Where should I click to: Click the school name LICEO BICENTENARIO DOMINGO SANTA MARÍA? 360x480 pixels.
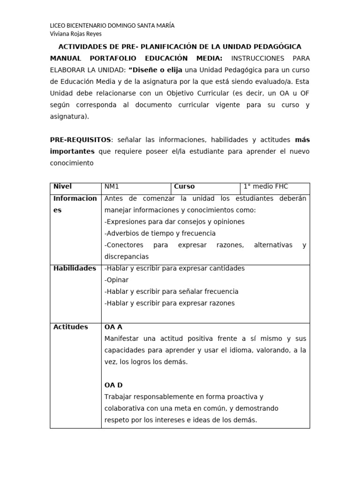[x=112, y=26]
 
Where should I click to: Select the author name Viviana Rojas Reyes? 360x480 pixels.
[x=75, y=34]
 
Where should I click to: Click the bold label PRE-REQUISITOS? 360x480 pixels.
[x=81, y=140]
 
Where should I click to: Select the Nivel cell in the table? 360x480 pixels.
[x=62, y=187]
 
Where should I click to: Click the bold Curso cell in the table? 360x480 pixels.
[x=184, y=187]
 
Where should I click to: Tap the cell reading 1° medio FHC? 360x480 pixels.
[x=266, y=187]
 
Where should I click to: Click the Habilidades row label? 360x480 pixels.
[x=75, y=268]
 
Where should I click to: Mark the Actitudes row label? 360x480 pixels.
[x=70, y=327]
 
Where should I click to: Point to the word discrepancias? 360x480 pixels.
[x=126, y=256]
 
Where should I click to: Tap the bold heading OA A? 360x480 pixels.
[x=113, y=327]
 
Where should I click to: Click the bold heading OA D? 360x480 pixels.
[x=113, y=385]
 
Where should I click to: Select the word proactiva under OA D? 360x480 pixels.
[x=243, y=397]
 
